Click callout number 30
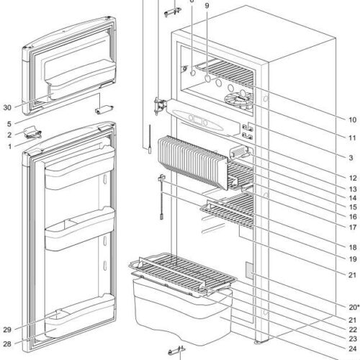6,108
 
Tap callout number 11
352,138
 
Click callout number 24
352,351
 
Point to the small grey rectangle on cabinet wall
250,270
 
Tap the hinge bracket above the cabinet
170,9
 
